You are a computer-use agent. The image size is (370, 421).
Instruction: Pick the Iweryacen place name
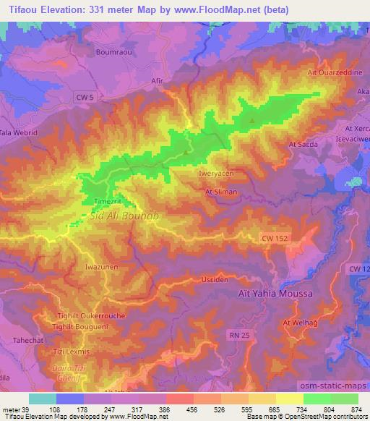point(216,174)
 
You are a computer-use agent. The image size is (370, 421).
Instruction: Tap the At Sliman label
point(222,192)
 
